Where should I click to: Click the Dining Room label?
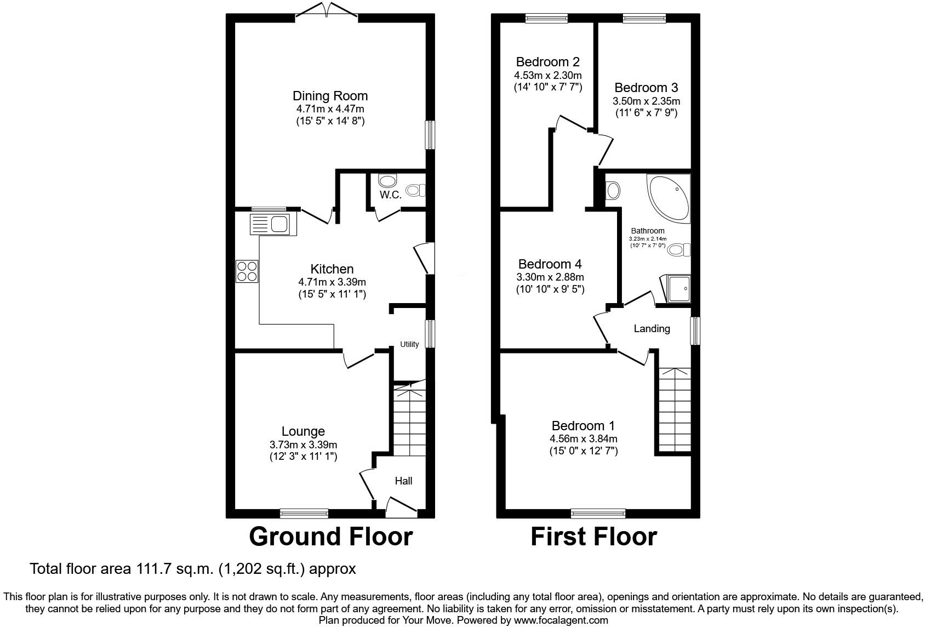(330, 96)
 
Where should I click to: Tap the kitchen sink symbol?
(273, 225)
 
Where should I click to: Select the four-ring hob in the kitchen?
(247, 271)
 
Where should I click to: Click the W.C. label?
(390, 195)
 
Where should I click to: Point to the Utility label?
(409, 344)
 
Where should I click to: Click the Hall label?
(404, 481)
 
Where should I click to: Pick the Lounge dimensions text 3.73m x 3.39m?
(303, 444)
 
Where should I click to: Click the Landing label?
(652, 328)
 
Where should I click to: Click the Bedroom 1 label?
(583, 425)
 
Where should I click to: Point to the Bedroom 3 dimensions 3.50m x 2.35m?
(646, 101)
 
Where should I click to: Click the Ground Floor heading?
(330, 537)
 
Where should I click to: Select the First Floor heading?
(593, 537)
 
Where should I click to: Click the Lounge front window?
(304, 513)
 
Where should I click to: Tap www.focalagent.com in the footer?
(561, 620)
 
